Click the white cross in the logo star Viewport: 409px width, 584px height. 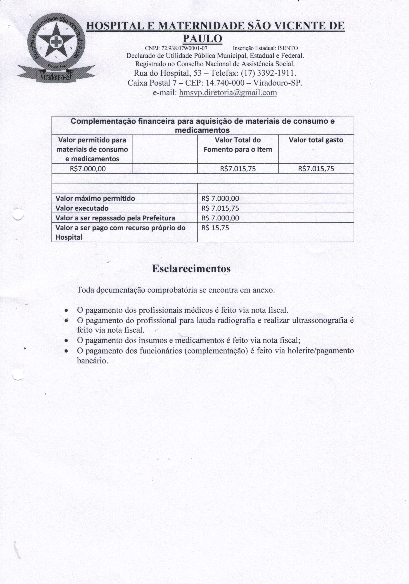[55, 41]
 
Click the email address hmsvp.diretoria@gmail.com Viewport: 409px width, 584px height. [228, 93]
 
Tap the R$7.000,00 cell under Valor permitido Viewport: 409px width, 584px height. [88, 169]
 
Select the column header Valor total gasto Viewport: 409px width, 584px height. [316, 140]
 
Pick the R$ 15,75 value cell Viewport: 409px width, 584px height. [215, 228]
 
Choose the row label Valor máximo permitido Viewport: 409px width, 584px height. [95, 198]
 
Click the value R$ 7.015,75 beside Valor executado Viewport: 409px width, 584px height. [220, 208]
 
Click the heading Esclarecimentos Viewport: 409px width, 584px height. [191, 269]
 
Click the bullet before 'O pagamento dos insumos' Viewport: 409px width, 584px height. [66, 341]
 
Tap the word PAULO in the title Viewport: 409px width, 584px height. [203, 39]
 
